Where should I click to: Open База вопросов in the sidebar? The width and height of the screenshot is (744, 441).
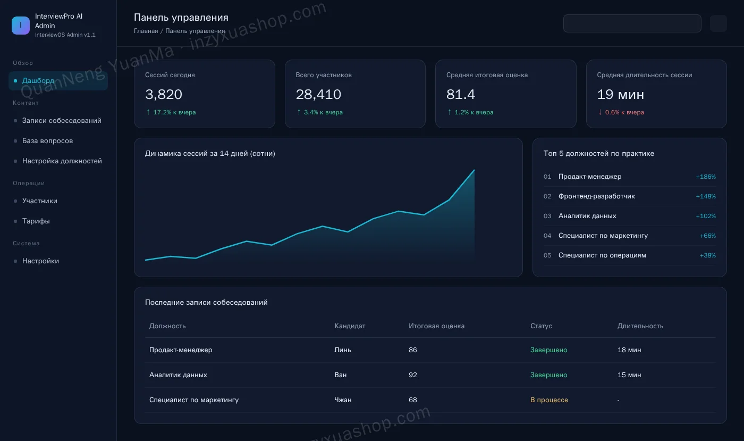point(47,140)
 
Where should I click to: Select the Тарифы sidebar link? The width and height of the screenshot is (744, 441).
point(36,221)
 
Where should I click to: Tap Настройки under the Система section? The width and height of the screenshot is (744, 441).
point(40,261)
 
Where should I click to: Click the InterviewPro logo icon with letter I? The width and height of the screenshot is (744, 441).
point(21,26)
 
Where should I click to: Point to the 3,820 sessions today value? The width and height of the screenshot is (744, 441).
point(164,95)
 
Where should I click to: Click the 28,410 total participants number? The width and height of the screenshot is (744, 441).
point(318,95)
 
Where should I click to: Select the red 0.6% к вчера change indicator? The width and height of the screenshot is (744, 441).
point(621,112)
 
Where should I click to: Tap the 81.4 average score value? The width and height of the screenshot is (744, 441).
point(461,95)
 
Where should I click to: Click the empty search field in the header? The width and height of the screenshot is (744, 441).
point(632,23)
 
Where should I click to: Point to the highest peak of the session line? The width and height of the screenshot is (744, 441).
point(474,170)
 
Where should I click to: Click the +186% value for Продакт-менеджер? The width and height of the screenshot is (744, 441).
point(706,177)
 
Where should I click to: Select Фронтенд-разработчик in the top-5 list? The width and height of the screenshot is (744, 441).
point(596,196)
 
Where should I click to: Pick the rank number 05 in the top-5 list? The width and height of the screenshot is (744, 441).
point(547,255)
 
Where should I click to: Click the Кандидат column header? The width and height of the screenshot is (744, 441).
point(350,326)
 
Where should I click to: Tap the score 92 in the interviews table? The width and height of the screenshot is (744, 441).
point(413,375)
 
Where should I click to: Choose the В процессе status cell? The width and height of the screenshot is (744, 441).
point(549,400)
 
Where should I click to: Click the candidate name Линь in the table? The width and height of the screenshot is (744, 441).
point(342,350)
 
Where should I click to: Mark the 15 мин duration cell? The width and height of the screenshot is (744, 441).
point(629,375)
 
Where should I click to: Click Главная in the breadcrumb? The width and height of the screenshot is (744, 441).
point(146,31)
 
